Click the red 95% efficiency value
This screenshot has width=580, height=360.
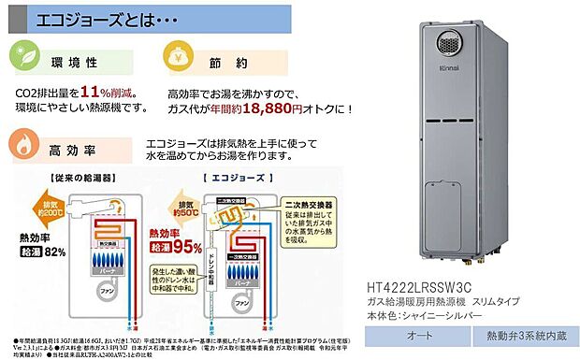click(184, 246)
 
